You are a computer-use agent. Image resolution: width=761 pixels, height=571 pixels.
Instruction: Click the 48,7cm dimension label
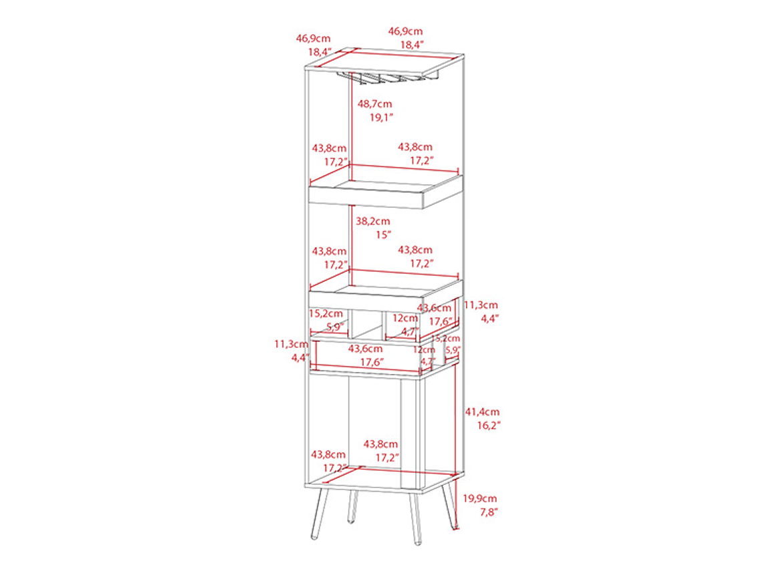click(x=374, y=104)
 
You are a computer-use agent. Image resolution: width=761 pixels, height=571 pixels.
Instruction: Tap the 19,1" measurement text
click(x=381, y=117)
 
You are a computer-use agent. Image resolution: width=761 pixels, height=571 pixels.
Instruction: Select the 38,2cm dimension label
click(x=372, y=222)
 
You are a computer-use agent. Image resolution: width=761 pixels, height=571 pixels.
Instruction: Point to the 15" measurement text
click(x=383, y=235)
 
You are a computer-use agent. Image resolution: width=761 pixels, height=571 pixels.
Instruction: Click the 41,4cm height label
click(x=482, y=412)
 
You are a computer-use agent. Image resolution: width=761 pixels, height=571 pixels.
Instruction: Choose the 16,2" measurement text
click(x=488, y=425)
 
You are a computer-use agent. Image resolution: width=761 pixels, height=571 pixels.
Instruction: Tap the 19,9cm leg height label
click(x=479, y=498)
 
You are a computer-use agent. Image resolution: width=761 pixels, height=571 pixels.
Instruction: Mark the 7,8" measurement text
click(x=489, y=512)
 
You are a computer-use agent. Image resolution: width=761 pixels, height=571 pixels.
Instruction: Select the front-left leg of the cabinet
click(x=320, y=513)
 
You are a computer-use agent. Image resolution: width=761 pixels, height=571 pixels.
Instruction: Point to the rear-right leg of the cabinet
click(x=450, y=504)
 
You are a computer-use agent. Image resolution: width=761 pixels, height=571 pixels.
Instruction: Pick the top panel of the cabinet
click(x=385, y=61)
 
